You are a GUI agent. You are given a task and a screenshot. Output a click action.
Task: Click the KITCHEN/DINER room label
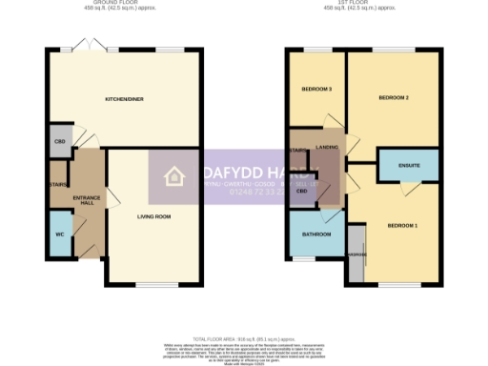click(x=124, y=98)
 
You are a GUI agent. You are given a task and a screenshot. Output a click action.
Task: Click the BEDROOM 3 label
click(x=316, y=89)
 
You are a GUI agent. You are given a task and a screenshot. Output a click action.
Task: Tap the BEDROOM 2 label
click(x=393, y=98)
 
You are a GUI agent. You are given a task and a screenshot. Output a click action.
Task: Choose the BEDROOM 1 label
click(x=401, y=225)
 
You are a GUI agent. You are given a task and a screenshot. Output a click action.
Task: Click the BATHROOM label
click(x=316, y=234)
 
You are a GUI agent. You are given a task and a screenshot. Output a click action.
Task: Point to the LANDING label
click(x=328, y=147)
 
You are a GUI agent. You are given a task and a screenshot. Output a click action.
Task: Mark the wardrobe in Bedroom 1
click(x=356, y=254)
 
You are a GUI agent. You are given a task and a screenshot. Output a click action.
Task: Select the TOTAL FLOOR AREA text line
click(x=244, y=338)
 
